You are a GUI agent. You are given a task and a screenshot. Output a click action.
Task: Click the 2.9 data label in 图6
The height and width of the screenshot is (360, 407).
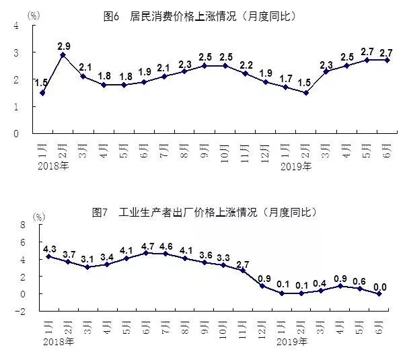pos(65,46)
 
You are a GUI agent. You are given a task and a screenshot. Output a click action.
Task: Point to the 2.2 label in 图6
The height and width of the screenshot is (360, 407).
pos(246,65)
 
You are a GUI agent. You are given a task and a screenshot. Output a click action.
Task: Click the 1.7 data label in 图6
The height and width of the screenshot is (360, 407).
pos(286,78)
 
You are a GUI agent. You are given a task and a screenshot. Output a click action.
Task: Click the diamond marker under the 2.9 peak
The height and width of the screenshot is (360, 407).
pos(63,55)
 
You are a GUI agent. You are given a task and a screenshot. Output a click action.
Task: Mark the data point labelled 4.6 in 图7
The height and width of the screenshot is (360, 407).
pos(165,254)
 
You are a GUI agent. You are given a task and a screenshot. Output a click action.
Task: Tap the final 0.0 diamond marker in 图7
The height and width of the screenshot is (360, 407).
pos(381,293)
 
